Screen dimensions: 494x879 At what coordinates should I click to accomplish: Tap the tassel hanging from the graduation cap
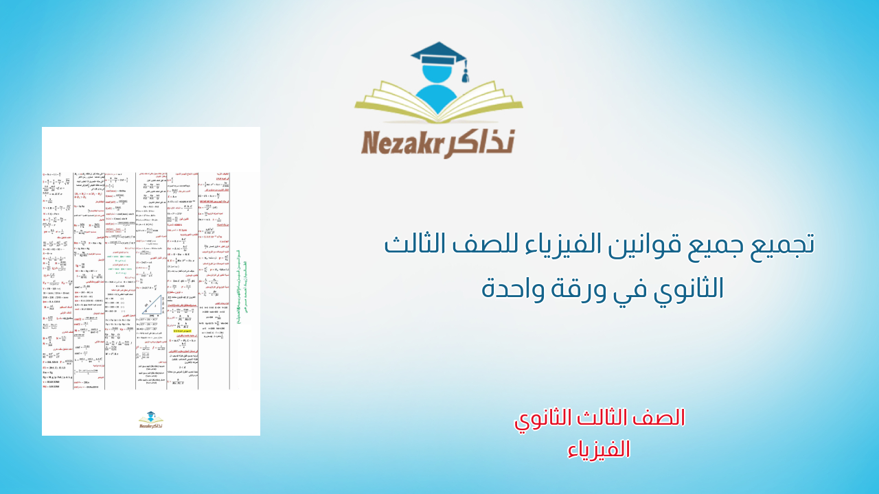click(466, 70)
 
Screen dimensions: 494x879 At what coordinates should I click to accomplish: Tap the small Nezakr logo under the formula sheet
click(151, 419)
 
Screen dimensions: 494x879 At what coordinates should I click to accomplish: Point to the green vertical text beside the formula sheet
click(238, 288)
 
